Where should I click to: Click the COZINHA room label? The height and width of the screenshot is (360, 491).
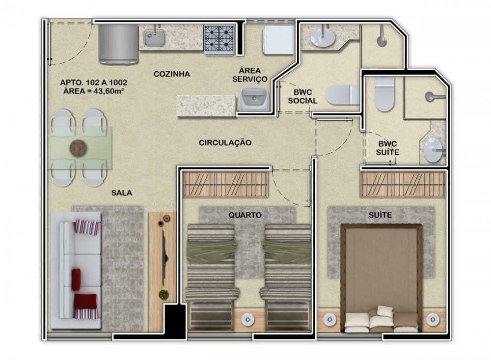click(171, 74)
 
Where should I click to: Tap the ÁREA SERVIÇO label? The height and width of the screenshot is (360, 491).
click(250, 75)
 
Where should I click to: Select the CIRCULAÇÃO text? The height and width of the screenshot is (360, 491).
click(225, 142)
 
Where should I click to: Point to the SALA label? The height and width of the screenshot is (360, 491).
click(122, 193)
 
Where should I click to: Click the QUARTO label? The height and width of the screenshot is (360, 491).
click(245, 215)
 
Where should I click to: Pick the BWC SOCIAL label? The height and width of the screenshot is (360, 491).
click(302, 96)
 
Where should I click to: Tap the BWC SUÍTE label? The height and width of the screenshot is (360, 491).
click(388, 148)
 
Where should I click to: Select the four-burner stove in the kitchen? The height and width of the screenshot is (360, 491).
click(219, 40)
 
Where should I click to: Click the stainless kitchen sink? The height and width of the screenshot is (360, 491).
click(155, 38)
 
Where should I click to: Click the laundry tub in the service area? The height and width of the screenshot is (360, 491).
click(254, 99)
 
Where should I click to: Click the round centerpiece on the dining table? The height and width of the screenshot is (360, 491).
click(79, 147)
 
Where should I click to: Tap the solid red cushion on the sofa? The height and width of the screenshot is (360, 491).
click(76, 279)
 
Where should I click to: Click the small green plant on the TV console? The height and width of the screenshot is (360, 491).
click(163, 295)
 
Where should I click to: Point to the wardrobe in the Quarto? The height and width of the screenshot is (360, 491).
click(225, 185)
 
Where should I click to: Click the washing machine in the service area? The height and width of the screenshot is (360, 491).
click(278, 40)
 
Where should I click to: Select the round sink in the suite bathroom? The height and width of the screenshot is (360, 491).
click(434, 150)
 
